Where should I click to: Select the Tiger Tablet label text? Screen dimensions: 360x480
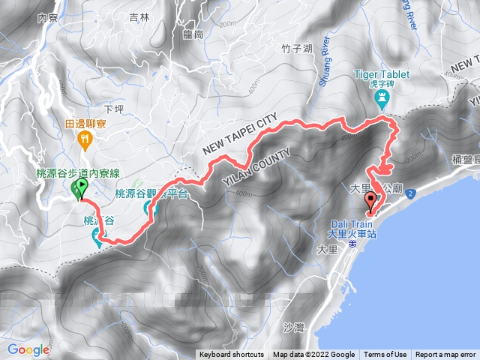coord(382,75)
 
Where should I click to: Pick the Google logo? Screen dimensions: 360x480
coord(28,349)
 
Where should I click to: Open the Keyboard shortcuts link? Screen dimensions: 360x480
coord(232,355)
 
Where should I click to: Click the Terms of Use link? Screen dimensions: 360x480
coord(385,355)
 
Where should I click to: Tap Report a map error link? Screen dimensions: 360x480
coord(445,355)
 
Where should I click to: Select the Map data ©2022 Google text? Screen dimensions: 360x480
coord(313,355)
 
